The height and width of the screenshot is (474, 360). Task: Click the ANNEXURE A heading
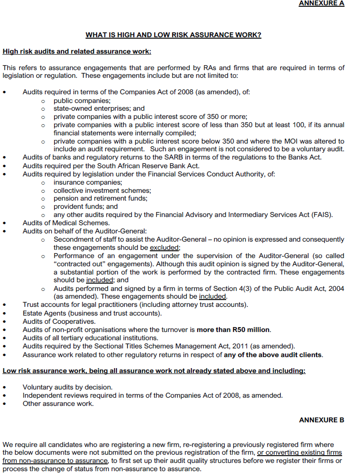[x=321, y=3]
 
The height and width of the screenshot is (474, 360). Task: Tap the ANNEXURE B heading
[x=321, y=420]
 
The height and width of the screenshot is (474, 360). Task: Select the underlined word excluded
[x=164, y=247]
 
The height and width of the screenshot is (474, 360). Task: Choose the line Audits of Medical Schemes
[x=66, y=223]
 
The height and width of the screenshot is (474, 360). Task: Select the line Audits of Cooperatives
[x=59, y=321]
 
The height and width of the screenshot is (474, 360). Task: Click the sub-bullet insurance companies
[x=88, y=182]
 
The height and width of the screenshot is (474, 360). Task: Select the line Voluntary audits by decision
[x=67, y=387]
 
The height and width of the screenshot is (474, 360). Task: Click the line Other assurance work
[x=58, y=403]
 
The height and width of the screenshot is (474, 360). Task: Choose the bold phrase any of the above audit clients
[x=273, y=354]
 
